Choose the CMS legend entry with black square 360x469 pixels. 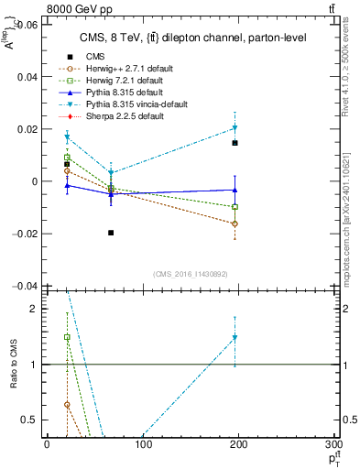(x=84, y=56)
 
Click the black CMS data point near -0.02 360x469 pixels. (x=111, y=233)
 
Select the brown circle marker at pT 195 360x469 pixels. (x=235, y=224)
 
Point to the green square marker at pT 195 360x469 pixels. (x=235, y=207)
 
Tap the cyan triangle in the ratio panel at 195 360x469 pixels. (x=235, y=338)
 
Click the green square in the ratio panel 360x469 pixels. (x=67, y=337)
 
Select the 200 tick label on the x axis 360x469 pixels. (x=240, y=443)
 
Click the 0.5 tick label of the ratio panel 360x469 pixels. (x=31, y=420)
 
